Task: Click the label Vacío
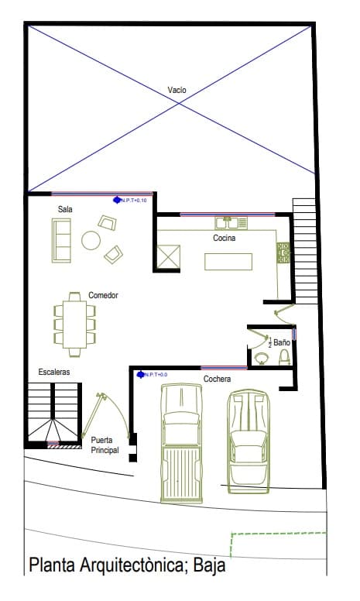tap(177, 91)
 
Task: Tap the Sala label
tap(65, 209)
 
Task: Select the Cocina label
tap(225, 238)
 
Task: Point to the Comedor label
tap(102, 295)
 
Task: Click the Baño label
tap(282, 342)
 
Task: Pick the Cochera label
tap(218, 379)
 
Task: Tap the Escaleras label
tap(54, 373)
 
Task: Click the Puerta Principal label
tap(105, 445)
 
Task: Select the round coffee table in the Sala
tap(91, 240)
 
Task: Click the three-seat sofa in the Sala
tap(60, 239)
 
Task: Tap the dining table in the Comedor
tap(74, 324)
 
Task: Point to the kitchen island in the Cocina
tap(228, 260)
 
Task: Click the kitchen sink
tap(226, 222)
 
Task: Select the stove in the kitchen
tap(283, 251)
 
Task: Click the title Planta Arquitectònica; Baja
tap(127, 565)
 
